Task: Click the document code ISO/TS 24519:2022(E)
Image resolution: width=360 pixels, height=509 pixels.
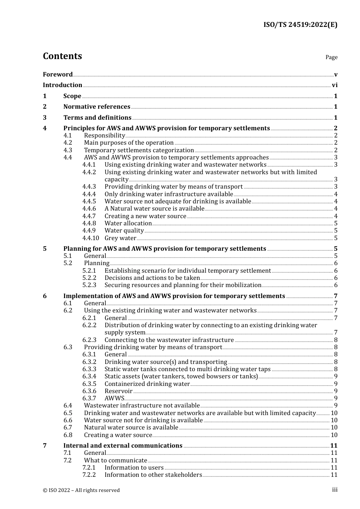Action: point(300,25)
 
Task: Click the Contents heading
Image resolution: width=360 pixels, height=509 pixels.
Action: point(62,56)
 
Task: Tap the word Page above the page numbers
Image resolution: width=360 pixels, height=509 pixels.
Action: point(331,57)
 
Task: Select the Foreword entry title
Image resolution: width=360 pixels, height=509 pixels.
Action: point(58,75)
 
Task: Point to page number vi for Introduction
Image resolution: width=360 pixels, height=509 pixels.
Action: point(335,85)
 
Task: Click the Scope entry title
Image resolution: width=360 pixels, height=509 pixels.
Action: point(72,96)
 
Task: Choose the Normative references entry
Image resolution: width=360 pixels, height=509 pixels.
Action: point(97,107)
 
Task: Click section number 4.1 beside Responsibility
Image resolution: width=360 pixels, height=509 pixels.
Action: point(68,136)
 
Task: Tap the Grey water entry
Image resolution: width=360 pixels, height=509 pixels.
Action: point(120,238)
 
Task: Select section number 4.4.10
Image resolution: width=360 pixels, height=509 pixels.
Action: point(91,238)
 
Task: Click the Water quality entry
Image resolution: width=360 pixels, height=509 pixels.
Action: point(124,231)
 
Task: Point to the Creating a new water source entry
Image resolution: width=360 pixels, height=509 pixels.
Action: point(145,216)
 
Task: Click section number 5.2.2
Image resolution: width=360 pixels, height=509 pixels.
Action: point(89,278)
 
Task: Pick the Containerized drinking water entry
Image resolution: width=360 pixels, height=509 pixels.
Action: point(147,384)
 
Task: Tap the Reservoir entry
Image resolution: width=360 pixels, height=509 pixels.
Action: point(118,391)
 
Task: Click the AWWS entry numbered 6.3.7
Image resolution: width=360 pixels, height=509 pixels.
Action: point(114,398)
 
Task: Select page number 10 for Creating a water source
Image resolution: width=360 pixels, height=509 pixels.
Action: point(334,435)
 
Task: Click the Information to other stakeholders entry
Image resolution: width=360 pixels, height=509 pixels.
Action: point(153,475)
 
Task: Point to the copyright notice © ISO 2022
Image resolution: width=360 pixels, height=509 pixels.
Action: point(81,490)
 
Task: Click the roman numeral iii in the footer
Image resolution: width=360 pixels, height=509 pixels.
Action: point(335,490)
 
